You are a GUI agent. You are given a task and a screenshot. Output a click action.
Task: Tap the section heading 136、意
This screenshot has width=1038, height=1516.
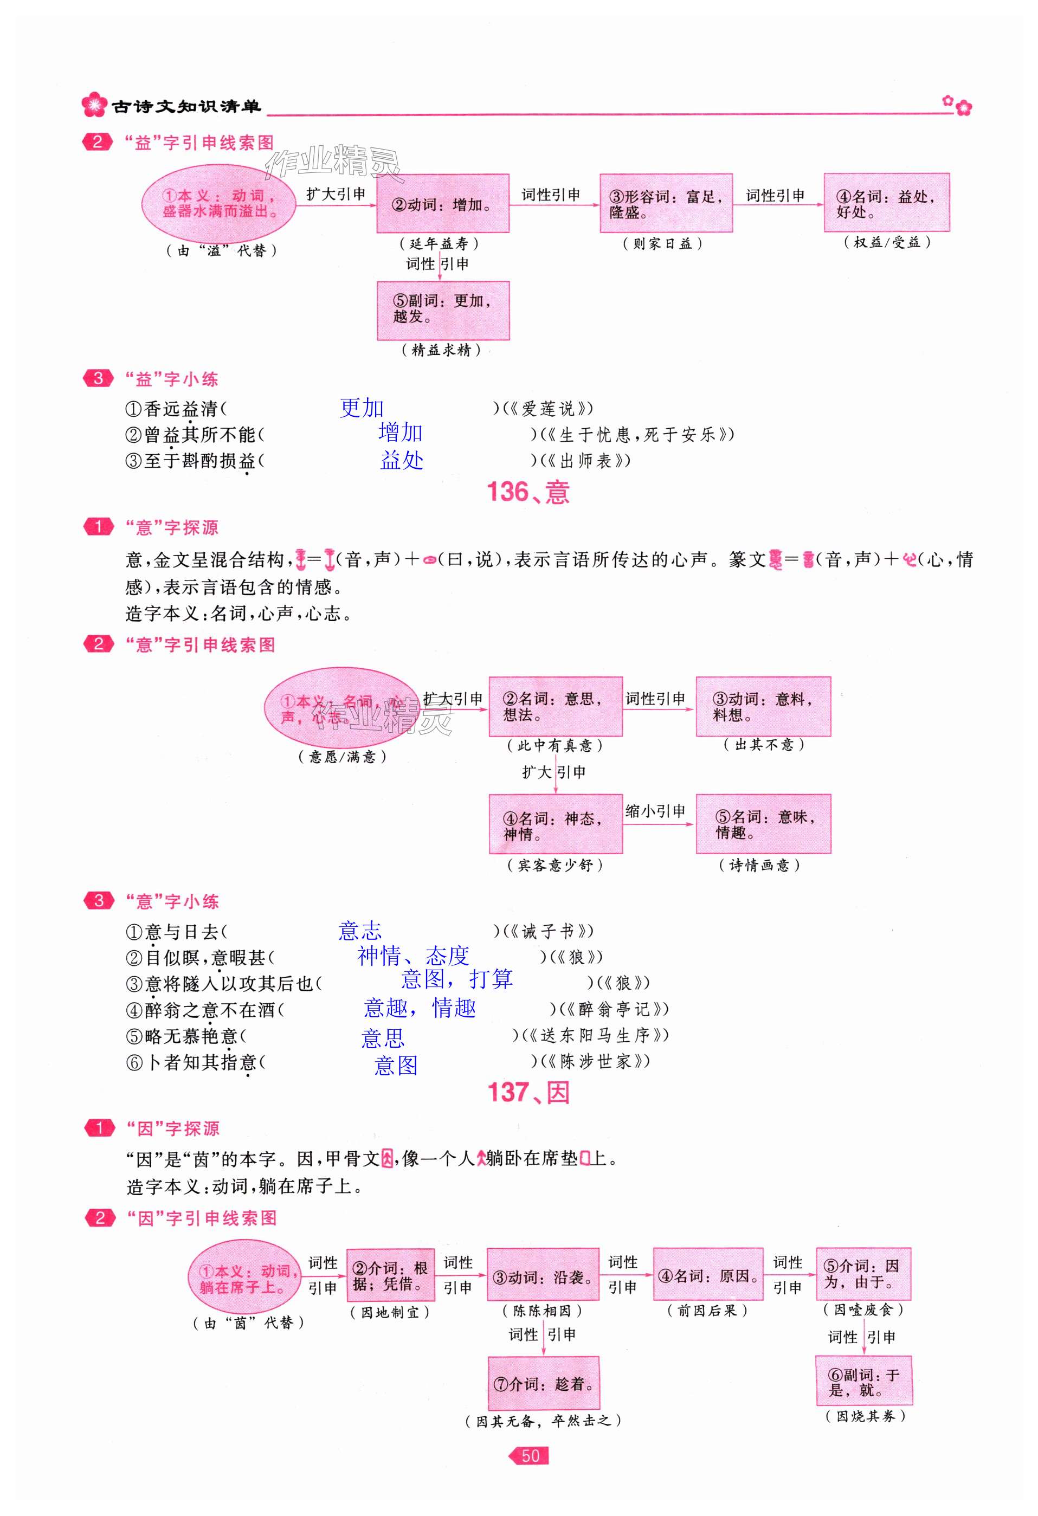point(528,493)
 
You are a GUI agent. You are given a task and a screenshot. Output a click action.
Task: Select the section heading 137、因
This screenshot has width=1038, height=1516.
point(528,1093)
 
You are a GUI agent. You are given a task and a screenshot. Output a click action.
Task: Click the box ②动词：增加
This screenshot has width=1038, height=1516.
point(442,204)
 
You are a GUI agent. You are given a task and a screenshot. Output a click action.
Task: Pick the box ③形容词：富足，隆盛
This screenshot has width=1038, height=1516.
point(666,204)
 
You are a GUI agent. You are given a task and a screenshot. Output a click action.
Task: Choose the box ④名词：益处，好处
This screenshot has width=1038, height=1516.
point(886,203)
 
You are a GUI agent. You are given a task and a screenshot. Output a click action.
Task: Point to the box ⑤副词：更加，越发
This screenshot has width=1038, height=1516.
point(442,311)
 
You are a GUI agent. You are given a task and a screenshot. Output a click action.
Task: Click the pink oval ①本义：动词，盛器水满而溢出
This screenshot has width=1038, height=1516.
point(218,204)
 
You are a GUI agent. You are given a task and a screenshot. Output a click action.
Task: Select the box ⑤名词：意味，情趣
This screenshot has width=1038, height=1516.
point(763,824)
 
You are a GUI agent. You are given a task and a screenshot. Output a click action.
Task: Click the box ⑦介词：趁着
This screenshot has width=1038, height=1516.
point(543,1384)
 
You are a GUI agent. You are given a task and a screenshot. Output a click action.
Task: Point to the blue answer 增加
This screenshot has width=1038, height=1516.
point(400,433)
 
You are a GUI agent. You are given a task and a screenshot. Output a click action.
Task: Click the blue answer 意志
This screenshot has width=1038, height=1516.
point(359,930)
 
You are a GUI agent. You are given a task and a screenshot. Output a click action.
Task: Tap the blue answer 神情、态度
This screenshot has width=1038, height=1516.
point(413,956)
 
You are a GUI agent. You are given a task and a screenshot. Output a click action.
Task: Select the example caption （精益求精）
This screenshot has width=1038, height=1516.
point(441,350)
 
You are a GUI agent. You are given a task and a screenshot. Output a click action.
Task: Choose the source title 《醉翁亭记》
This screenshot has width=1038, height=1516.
point(614,1009)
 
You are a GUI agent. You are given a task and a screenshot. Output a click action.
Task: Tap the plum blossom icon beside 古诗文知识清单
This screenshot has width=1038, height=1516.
point(95,105)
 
